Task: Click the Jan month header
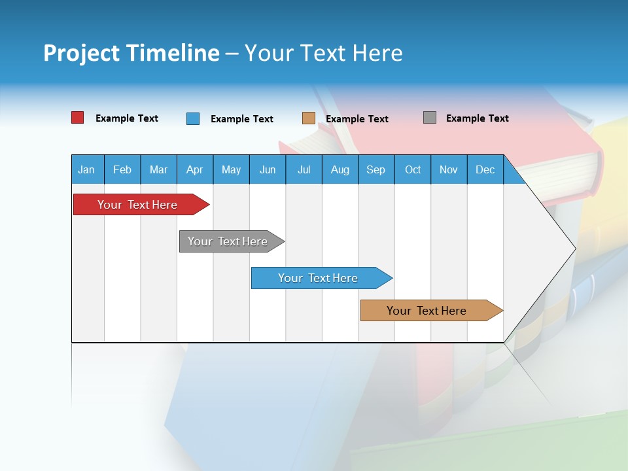click(86, 170)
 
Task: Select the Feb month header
click(122, 170)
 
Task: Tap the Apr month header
click(195, 170)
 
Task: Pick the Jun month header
click(268, 170)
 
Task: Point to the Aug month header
click(340, 170)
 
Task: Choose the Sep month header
click(376, 170)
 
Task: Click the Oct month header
click(413, 170)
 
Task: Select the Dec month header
click(485, 170)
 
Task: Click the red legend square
click(78, 118)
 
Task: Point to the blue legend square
click(193, 118)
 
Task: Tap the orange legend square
click(309, 118)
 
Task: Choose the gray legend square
click(430, 118)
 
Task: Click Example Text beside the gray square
click(477, 118)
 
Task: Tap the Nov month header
click(449, 170)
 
